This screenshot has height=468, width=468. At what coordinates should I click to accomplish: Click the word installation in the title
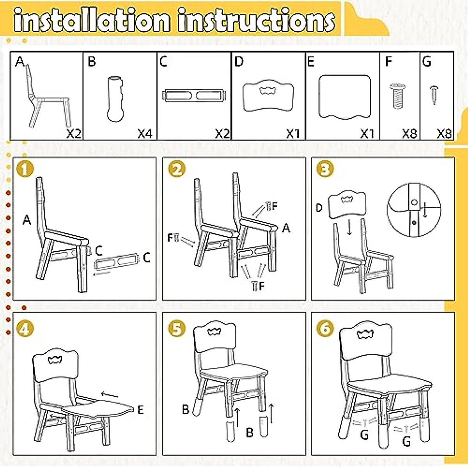coord(92,20)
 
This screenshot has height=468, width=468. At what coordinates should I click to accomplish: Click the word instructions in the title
coord(256,20)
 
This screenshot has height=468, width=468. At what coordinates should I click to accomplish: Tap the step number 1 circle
coord(25,170)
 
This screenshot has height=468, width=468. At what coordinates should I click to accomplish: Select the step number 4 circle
coord(25,328)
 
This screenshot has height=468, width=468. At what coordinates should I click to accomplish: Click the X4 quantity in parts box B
coord(145,134)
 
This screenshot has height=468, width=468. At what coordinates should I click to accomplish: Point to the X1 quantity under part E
coord(367,134)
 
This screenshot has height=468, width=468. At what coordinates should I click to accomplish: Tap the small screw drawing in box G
coord(434,95)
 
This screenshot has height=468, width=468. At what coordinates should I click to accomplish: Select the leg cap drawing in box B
coord(115,99)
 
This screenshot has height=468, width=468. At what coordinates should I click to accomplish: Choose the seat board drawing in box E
coord(344,97)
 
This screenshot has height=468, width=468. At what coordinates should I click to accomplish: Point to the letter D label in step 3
coord(319,208)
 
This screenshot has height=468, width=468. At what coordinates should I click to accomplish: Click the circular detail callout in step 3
coord(414,210)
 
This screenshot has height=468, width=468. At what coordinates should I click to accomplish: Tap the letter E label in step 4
coord(140,409)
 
